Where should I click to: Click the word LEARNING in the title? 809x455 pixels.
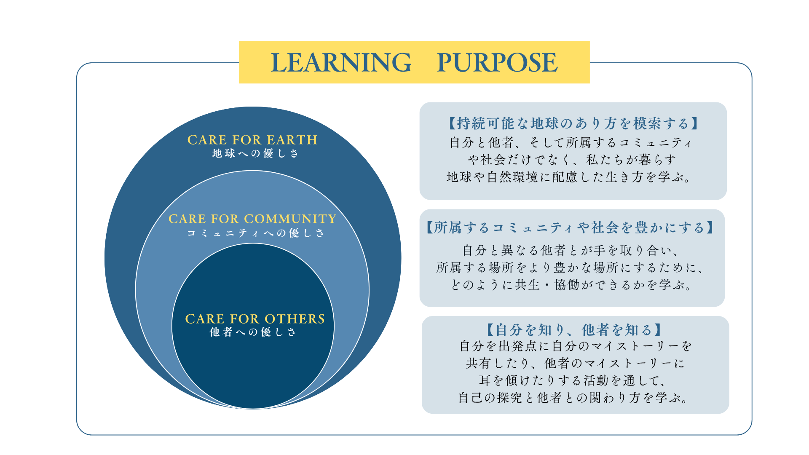(340, 62)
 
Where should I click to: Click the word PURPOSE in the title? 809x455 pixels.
(497, 62)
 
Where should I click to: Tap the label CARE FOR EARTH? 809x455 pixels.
(252, 140)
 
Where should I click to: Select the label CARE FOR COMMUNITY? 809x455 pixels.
(252, 219)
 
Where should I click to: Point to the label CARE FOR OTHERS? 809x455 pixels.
(254, 319)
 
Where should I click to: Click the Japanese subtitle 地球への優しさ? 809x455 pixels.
(255, 153)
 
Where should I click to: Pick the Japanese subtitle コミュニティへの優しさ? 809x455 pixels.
(255, 233)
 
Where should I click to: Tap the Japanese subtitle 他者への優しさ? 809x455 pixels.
(253, 332)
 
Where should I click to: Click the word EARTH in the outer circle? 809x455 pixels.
(292, 140)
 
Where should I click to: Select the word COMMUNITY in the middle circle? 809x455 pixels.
(290, 219)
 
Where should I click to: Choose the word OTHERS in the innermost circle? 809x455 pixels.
(295, 319)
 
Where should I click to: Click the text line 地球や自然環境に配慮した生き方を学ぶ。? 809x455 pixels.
(570, 177)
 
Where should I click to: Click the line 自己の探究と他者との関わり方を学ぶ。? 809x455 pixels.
(574, 398)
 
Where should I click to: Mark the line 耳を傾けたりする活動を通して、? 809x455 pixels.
(573, 381)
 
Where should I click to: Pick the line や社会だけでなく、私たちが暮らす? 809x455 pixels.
(572, 160)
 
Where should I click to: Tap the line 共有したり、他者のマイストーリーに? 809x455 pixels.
(575, 363)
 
